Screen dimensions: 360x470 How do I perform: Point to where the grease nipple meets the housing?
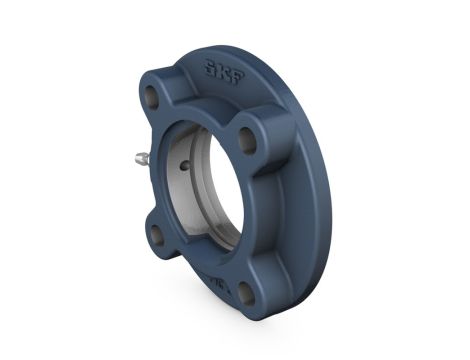(150, 158)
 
